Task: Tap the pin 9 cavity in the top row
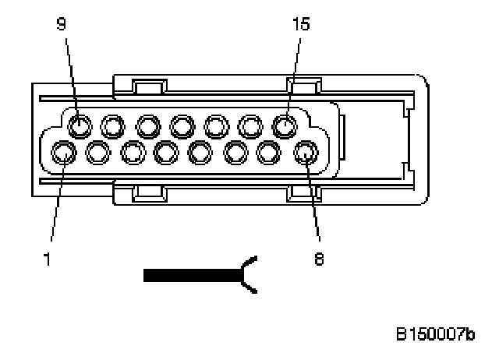tap(78, 125)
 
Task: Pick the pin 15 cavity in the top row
tap(286, 125)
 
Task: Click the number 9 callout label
tap(62, 24)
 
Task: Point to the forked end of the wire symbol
tap(251, 275)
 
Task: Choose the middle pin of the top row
tap(182, 125)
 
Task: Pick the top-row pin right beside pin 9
tap(112, 125)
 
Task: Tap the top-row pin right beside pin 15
tap(251, 125)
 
